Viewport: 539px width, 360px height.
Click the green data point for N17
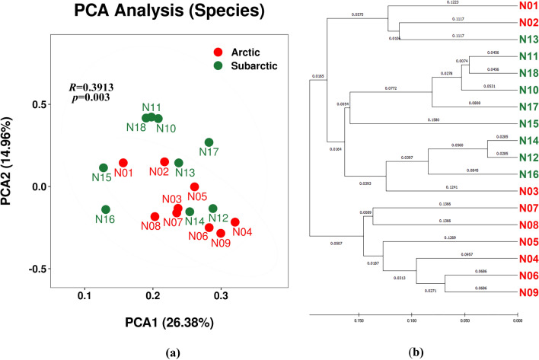point(209,142)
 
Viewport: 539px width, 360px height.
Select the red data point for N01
point(123,163)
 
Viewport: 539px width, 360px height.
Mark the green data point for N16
point(106,209)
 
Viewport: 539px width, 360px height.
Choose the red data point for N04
point(235,222)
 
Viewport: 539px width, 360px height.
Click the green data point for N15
point(104,167)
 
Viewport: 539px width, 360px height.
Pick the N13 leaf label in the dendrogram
point(521,40)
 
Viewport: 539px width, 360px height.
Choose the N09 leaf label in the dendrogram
point(521,292)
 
